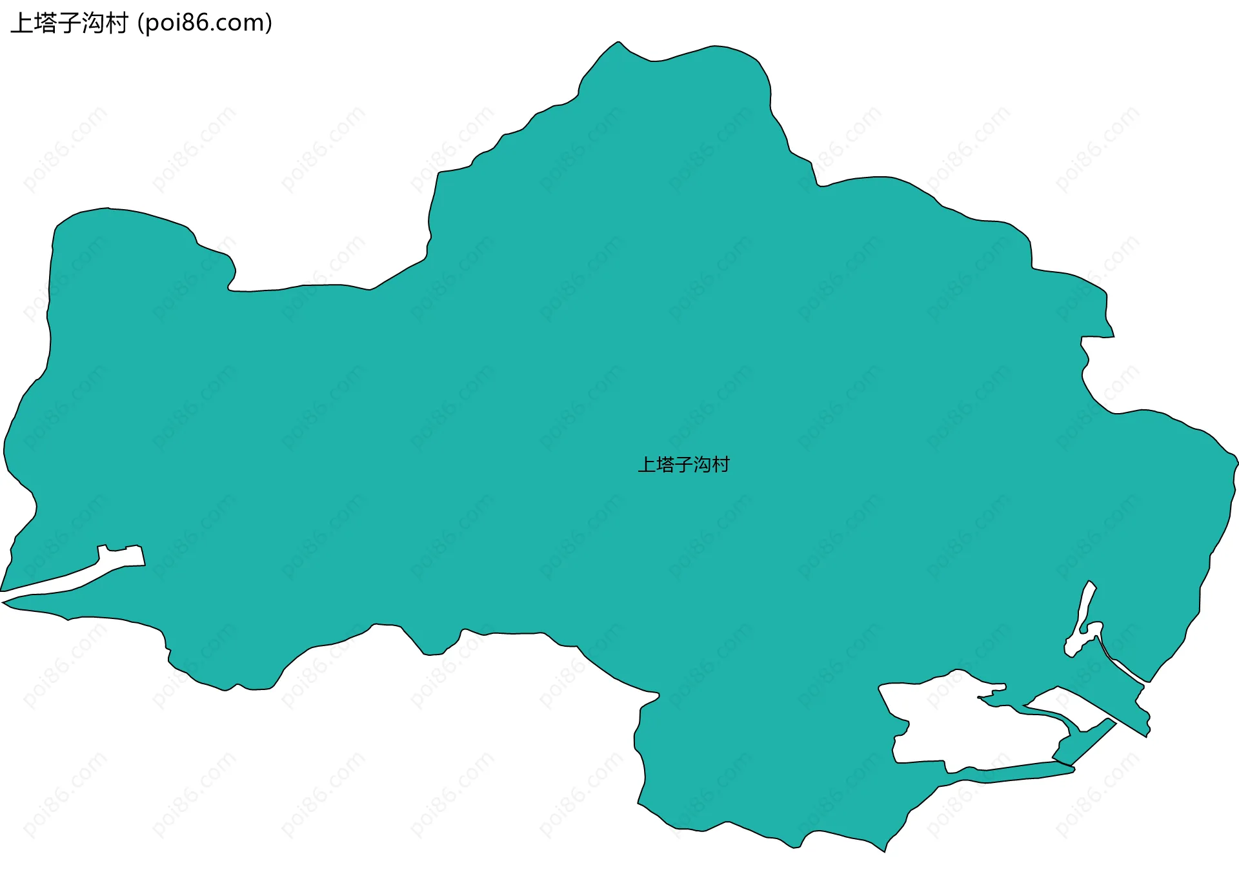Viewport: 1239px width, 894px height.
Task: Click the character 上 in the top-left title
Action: (x=21, y=23)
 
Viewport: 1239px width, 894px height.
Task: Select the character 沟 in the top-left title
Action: (x=93, y=23)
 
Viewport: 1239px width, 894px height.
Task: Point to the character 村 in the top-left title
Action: (x=117, y=23)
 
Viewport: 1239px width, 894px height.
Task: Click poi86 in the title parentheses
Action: (x=176, y=23)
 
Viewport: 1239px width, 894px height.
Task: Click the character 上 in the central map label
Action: (x=647, y=465)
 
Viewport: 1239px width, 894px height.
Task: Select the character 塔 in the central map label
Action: (x=665, y=465)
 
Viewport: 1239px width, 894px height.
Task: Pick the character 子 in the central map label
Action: (x=683, y=465)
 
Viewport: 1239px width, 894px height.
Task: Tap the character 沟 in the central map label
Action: (x=702, y=465)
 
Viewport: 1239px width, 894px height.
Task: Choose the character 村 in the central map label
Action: (x=720, y=465)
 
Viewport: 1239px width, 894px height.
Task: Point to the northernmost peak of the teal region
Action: (x=618, y=43)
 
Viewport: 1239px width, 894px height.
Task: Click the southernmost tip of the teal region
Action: (x=884, y=851)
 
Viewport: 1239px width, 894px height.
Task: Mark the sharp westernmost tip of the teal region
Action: (x=3, y=602)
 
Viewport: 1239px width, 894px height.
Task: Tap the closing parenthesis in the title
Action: (x=268, y=23)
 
